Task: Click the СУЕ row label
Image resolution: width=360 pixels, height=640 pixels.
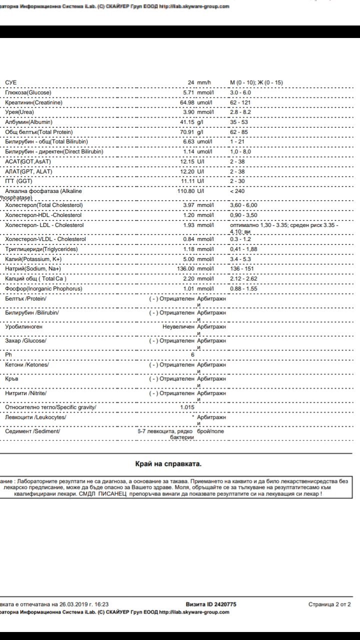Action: (x=10, y=82)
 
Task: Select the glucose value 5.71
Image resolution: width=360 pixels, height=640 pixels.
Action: (x=192, y=92)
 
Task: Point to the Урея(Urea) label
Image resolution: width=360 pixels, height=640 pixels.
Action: (x=19, y=112)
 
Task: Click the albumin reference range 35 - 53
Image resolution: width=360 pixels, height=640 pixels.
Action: (x=239, y=122)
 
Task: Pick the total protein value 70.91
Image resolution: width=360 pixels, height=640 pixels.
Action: (x=190, y=132)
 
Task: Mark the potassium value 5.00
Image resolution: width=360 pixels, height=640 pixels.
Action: (x=192, y=259)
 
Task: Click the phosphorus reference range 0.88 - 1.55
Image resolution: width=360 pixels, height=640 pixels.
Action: (x=243, y=289)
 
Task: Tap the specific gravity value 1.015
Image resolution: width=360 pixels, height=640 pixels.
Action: (x=187, y=407)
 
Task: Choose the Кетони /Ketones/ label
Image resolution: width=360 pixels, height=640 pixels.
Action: (x=27, y=364)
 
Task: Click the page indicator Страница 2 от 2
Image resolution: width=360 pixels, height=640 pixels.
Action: (x=329, y=604)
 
